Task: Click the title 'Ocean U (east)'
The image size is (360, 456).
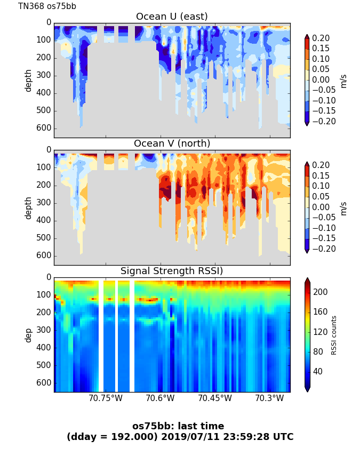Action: pos(172,17)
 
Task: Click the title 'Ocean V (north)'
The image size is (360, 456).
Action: pos(172,143)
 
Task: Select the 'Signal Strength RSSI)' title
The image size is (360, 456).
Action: pos(172,271)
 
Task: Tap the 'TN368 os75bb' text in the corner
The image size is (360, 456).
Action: pos(47,6)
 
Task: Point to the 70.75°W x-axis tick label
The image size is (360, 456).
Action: pos(106,398)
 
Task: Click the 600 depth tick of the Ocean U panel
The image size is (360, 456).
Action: pos(45,128)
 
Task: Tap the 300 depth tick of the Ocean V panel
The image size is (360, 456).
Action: pos(45,203)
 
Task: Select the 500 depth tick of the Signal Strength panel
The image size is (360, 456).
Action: pos(45,365)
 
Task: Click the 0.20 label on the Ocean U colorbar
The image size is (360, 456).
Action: pos(321,38)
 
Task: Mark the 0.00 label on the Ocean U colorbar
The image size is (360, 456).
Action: pos(321,80)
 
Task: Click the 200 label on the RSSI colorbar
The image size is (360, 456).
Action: pos(320,292)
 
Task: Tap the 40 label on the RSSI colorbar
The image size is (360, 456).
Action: pos(318,371)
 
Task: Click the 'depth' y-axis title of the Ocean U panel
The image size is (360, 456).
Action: pos(29,80)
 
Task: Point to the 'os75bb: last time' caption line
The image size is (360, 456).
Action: pos(178,426)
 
